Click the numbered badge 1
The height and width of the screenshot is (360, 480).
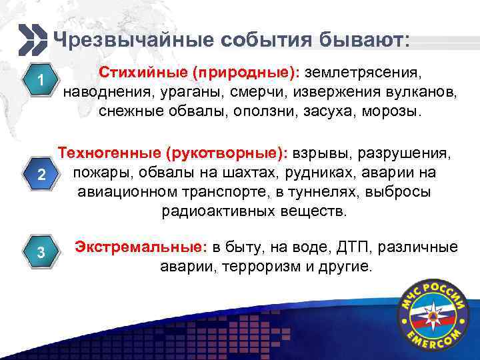[41, 81]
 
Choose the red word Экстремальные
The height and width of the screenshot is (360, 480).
[137, 247]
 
